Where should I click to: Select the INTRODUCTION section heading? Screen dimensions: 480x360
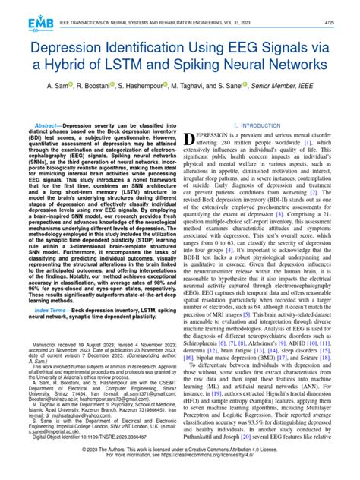pos(263,124)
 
